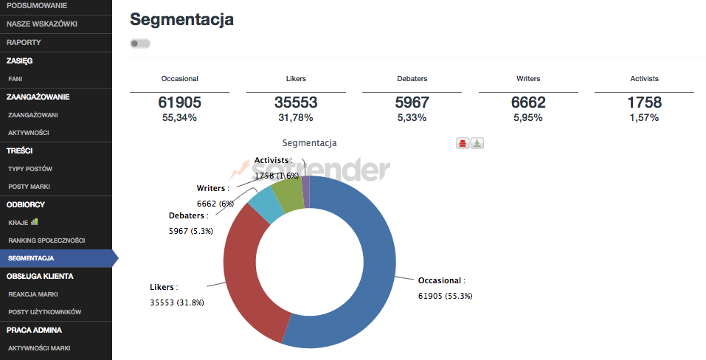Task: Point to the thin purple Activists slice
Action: (x=306, y=191)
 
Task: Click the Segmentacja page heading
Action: (x=181, y=20)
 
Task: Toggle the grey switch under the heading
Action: (x=139, y=44)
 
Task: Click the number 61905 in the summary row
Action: (x=179, y=103)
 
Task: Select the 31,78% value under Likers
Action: (x=296, y=117)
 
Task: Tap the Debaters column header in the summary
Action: (x=412, y=78)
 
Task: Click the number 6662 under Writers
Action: (x=528, y=103)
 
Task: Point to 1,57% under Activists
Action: (x=644, y=117)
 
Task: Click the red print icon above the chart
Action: (x=463, y=143)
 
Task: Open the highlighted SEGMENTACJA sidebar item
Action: (x=31, y=258)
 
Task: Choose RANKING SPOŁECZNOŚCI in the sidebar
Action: (x=46, y=240)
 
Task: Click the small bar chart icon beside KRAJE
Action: (x=34, y=221)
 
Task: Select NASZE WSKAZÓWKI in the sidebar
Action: (x=41, y=24)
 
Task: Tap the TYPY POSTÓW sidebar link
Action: (x=30, y=169)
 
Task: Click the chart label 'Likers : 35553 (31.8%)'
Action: (x=177, y=294)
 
